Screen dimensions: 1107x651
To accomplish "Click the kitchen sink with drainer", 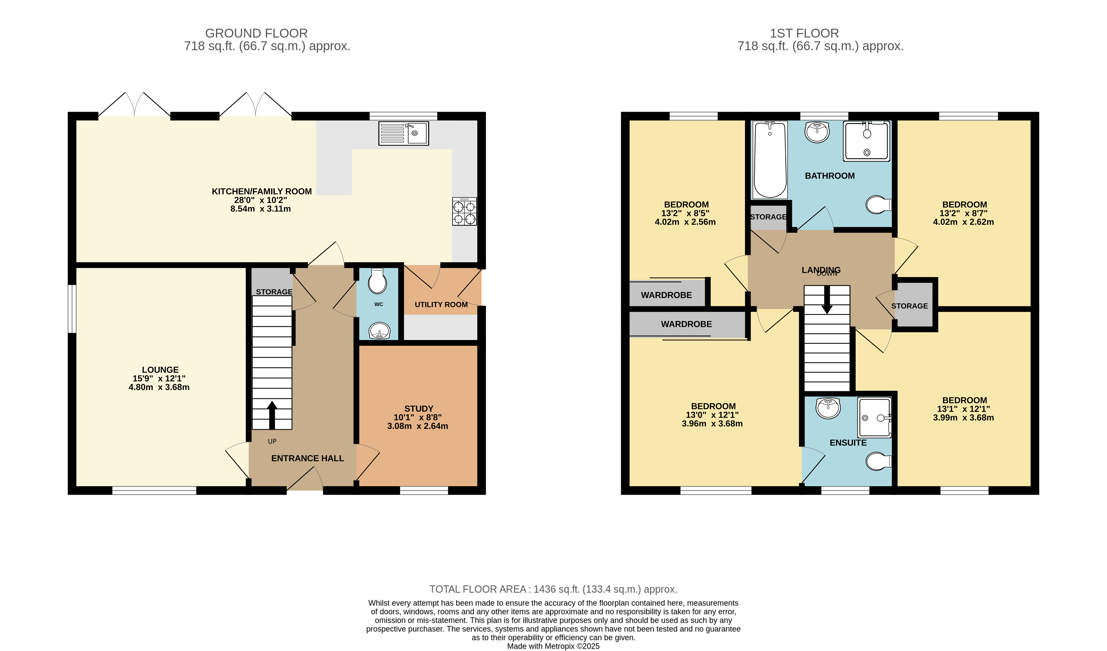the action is pos(404,133).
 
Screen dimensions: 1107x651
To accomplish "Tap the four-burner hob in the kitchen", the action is pos(464,212).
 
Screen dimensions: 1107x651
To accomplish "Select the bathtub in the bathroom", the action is pos(770,160).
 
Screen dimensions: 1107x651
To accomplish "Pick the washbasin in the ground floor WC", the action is pos(379,331).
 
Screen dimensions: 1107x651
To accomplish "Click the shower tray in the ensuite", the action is pos(875,418).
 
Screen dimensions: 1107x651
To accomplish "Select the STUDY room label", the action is pos(419,409).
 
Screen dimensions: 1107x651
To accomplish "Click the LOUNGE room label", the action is pos(160,370).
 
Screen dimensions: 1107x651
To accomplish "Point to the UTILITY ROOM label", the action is pos(441,305).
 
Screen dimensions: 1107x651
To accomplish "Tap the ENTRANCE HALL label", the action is pos(307,458).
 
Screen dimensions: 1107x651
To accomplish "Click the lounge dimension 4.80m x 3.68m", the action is pos(159,387).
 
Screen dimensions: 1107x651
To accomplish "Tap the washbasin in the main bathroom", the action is pos(817,132).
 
